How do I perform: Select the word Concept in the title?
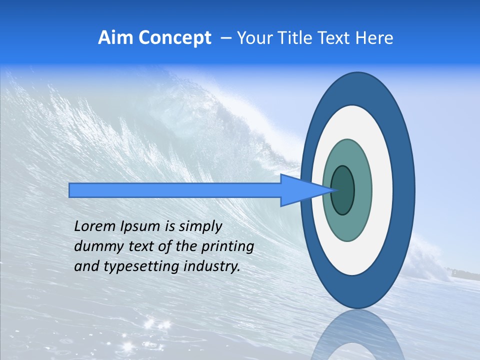pos(174,38)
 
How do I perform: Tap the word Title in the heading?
pos(292,38)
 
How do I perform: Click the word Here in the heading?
pos(374,38)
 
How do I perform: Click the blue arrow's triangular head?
pos(300,190)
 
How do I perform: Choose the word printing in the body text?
pos(227,247)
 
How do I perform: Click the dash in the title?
pos(225,38)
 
